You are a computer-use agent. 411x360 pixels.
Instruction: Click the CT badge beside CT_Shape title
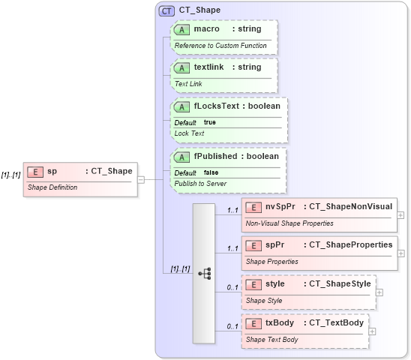[x=166, y=10]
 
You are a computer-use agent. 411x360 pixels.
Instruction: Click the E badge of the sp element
[x=34, y=171]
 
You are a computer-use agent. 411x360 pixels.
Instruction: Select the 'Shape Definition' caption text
[x=52, y=187]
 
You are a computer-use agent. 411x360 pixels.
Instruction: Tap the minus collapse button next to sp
[x=141, y=179]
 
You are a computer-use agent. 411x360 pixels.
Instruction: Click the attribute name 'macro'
[x=206, y=29]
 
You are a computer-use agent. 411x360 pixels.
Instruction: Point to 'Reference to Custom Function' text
[x=221, y=46]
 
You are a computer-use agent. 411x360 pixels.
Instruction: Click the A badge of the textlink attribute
[x=181, y=67]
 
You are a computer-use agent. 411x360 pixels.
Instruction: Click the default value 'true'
[x=210, y=122]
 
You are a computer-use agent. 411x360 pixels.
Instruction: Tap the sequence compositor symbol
[x=204, y=274]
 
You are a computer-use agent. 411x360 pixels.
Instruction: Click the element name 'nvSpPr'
[x=280, y=206]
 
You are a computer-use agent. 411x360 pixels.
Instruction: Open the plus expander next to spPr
[x=400, y=253]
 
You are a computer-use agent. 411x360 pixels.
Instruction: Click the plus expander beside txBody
[x=373, y=331]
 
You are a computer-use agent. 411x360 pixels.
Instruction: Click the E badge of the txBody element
[x=253, y=323]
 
